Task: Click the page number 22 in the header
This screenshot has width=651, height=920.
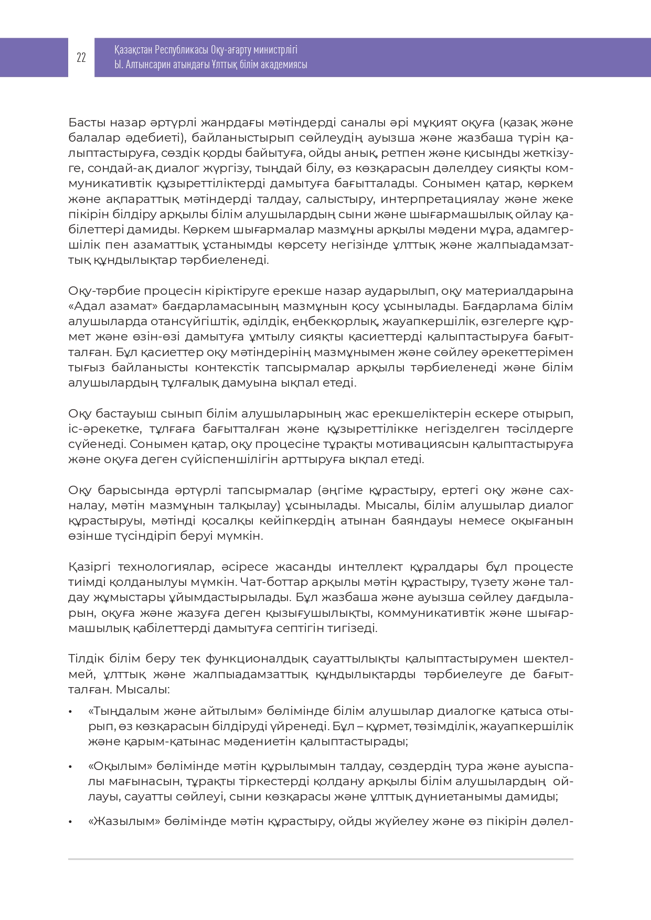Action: [81, 58]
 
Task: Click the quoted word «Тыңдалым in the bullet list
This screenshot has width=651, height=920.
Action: [118, 712]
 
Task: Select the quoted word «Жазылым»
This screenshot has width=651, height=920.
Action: [124, 821]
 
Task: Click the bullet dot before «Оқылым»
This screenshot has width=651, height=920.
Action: [70, 767]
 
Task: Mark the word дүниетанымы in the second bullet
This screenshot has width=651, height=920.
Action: [485, 797]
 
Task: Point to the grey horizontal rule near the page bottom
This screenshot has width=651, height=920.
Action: [320, 859]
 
